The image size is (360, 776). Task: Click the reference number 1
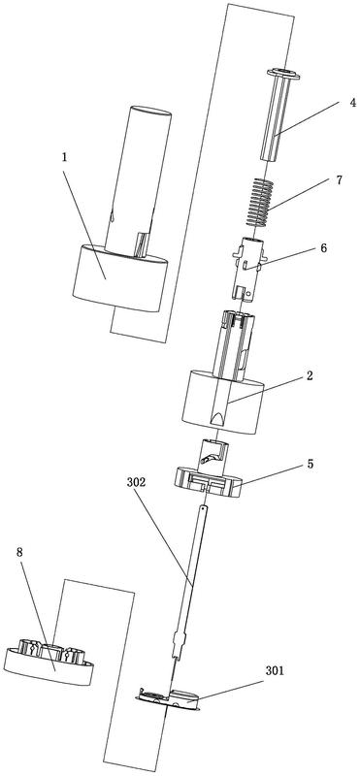(x=64, y=158)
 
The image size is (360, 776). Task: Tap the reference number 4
(x=340, y=104)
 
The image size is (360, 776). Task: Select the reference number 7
(x=340, y=179)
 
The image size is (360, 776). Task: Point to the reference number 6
(x=323, y=248)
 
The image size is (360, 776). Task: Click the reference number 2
(x=309, y=375)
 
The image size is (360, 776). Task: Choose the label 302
(x=136, y=482)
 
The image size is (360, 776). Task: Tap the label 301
(x=274, y=670)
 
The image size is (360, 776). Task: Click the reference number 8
(x=19, y=552)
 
